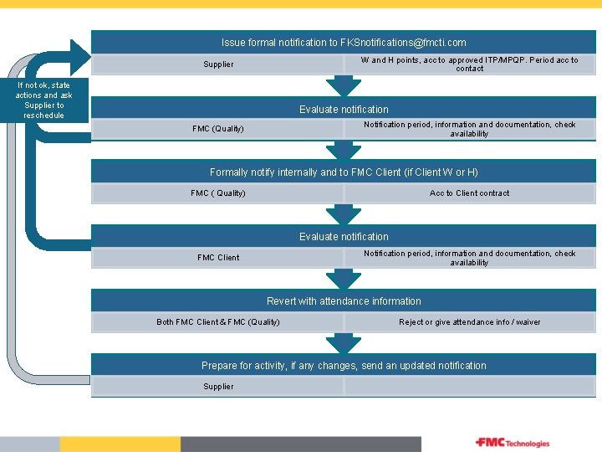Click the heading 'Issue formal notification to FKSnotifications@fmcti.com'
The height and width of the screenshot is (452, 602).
click(x=344, y=42)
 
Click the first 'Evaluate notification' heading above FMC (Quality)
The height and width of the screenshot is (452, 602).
click(x=344, y=109)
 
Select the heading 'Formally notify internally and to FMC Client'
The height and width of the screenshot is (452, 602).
click(x=344, y=172)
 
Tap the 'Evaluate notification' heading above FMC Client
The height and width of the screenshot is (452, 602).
click(x=344, y=237)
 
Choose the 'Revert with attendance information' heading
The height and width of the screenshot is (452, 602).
click(x=344, y=300)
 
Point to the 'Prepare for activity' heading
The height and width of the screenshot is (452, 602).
click(x=344, y=366)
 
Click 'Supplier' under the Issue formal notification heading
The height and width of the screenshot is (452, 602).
click(x=218, y=64)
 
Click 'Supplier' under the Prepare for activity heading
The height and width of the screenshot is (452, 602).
click(x=218, y=387)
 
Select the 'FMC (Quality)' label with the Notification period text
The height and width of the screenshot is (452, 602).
click(x=218, y=129)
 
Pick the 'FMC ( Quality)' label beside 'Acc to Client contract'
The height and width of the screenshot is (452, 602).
click(x=218, y=193)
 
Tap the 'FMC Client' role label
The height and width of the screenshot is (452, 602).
click(x=218, y=258)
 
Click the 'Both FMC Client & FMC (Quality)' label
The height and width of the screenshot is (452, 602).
click(x=218, y=322)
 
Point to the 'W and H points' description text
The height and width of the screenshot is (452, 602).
click(x=469, y=64)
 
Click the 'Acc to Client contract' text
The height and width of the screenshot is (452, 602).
click(x=469, y=193)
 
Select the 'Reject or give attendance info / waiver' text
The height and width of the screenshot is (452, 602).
click(x=469, y=322)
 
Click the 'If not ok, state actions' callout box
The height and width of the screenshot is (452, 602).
click(x=43, y=100)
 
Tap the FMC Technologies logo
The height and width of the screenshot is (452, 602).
click(x=513, y=443)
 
